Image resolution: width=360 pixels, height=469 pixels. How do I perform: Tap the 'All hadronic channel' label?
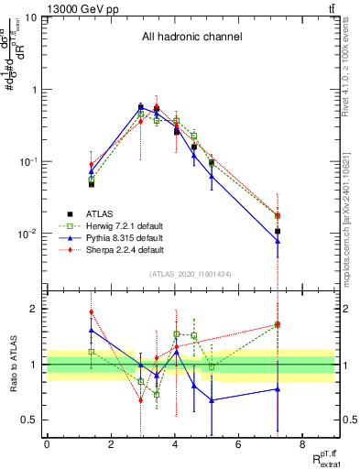pyautogui.click(x=191, y=38)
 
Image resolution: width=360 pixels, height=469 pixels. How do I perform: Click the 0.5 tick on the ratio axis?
pyautogui.click(x=30, y=420)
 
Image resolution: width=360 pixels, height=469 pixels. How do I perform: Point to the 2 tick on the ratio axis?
pyautogui.click(x=35, y=309)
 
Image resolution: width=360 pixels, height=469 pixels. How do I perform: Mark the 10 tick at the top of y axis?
pyautogui.click(x=31, y=17)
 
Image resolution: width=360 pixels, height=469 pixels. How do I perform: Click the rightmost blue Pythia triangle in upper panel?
pyautogui.click(x=277, y=241)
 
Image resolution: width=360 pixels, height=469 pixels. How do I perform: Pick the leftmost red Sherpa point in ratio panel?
pyautogui.click(x=91, y=311)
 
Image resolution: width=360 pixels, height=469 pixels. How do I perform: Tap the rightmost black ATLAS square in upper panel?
pyautogui.click(x=277, y=231)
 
